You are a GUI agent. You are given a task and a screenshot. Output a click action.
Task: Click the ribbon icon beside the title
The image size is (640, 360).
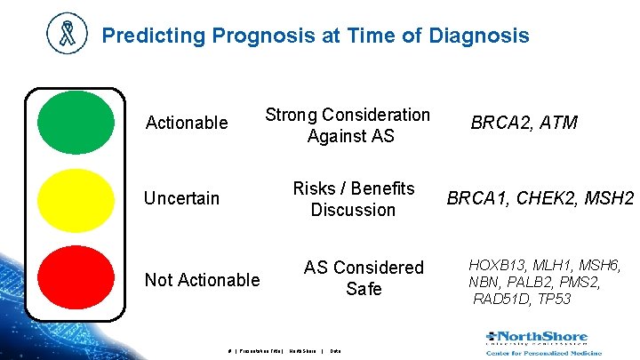[x=68, y=35]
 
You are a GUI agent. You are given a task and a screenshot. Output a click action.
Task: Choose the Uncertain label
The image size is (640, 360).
[x=181, y=198]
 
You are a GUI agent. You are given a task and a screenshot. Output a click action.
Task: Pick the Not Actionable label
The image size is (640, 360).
[x=202, y=280]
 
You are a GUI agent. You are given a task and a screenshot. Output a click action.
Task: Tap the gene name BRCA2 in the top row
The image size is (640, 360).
[x=499, y=123]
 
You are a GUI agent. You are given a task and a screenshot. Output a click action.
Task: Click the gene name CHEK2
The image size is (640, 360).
[x=543, y=198]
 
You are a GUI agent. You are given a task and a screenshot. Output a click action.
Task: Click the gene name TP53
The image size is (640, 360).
[x=553, y=299]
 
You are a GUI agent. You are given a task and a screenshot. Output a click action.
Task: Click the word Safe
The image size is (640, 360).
[x=364, y=289]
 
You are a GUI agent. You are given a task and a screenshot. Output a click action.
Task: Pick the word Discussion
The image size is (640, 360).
[x=353, y=210]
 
